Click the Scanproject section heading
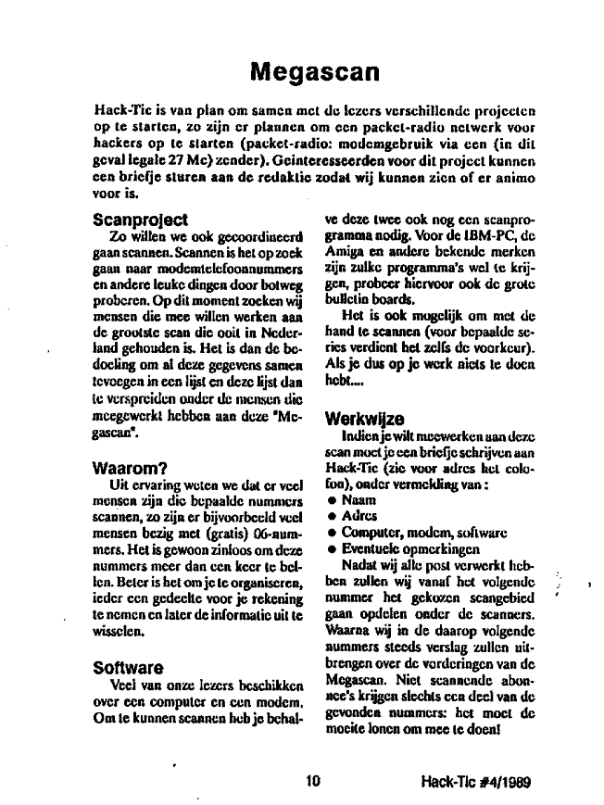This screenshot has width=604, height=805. coord(141,220)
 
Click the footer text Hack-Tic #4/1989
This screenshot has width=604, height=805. coord(474,782)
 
